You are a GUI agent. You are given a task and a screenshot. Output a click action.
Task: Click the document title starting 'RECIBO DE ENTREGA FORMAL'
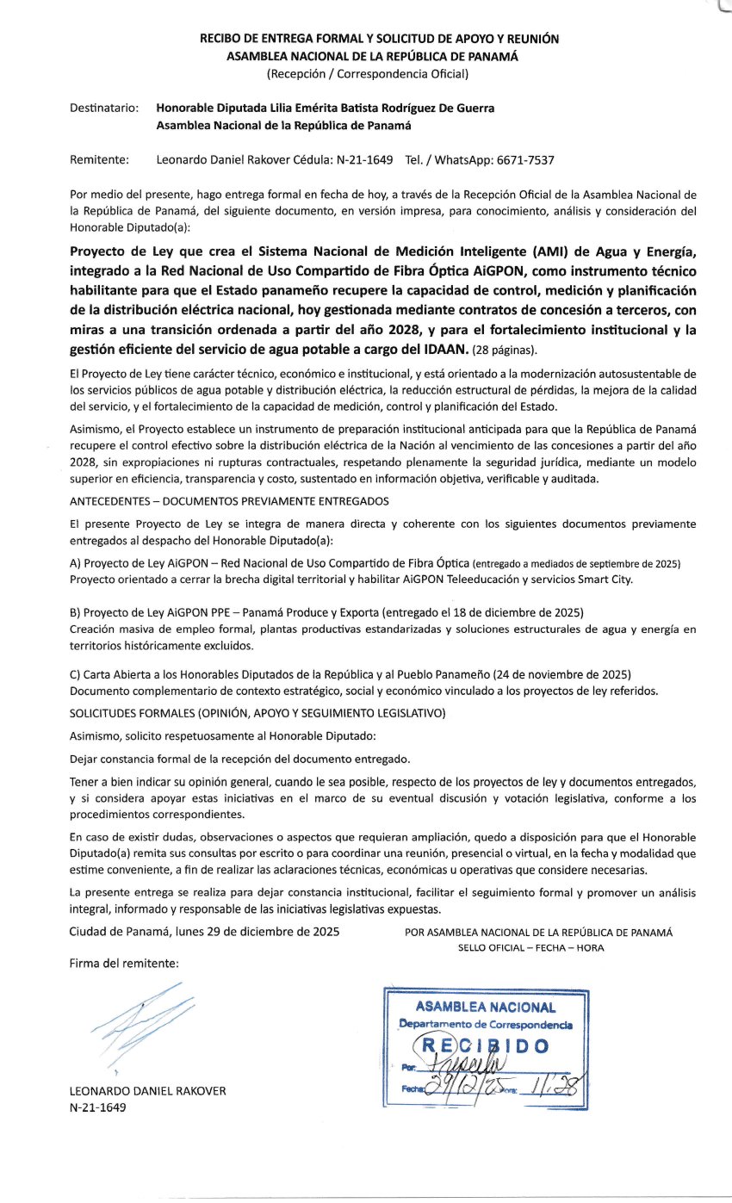[380, 39]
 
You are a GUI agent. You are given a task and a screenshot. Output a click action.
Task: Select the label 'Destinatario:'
[103, 109]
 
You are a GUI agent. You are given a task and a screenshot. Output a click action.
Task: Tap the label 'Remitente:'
[99, 159]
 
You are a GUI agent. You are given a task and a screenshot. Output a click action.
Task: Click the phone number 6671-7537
[523, 159]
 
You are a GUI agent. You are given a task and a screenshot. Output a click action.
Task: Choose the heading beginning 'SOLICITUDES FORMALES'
[257, 714]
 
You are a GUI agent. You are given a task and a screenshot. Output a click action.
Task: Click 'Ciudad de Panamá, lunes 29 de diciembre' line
[204, 932]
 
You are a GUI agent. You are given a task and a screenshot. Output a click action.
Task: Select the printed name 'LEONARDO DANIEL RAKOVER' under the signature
[147, 1091]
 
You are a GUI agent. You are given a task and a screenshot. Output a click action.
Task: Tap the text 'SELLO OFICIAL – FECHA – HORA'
[531, 947]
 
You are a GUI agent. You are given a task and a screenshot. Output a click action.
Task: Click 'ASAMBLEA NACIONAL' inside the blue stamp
[486, 1007]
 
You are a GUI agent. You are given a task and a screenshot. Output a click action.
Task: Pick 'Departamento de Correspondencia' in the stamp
[486, 1025]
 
